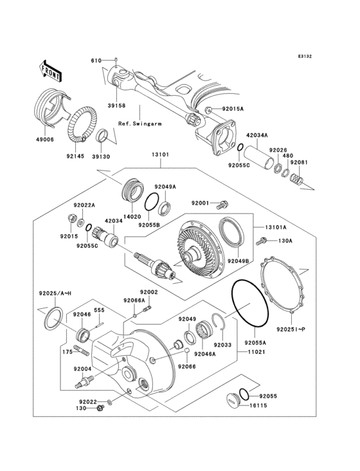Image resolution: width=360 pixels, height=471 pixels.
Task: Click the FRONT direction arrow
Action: pyautogui.click(x=50, y=69)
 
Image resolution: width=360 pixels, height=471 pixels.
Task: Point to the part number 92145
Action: pyautogui.click(x=75, y=154)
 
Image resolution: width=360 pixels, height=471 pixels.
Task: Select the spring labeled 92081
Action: pyautogui.click(x=296, y=178)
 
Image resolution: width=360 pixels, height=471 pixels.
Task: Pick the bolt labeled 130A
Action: pyautogui.click(x=261, y=242)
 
